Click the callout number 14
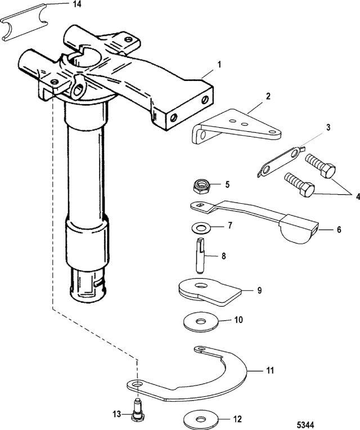[x=77, y=4]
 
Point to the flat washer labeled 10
[x=201, y=321]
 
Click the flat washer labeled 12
[x=201, y=419]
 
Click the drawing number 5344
[x=305, y=425]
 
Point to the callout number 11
[x=270, y=370]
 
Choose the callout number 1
[x=219, y=65]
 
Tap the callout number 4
[x=357, y=196]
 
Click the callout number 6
[x=339, y=229]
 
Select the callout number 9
[x=259, y=290]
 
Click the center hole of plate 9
[x=201, y=286]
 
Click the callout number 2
[x=268, y=96]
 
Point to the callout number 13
[x=117, y=414]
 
